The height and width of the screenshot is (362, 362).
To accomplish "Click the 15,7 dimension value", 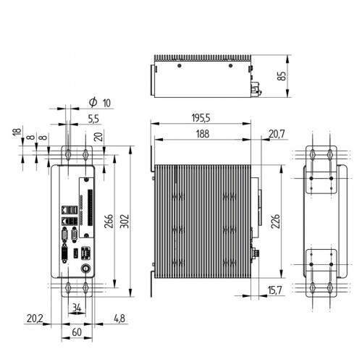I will click(x=275, y=290).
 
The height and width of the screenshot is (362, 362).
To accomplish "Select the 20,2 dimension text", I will click(x=34, y=318).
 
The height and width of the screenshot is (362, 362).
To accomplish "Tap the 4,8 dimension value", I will click(x=121, y=318).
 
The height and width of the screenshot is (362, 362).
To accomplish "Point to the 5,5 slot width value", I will click(x=93, y=118).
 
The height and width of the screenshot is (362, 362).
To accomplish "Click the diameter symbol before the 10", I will click(x=92, y=102).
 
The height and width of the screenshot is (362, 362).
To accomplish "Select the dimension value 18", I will click(x=16, y=132).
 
